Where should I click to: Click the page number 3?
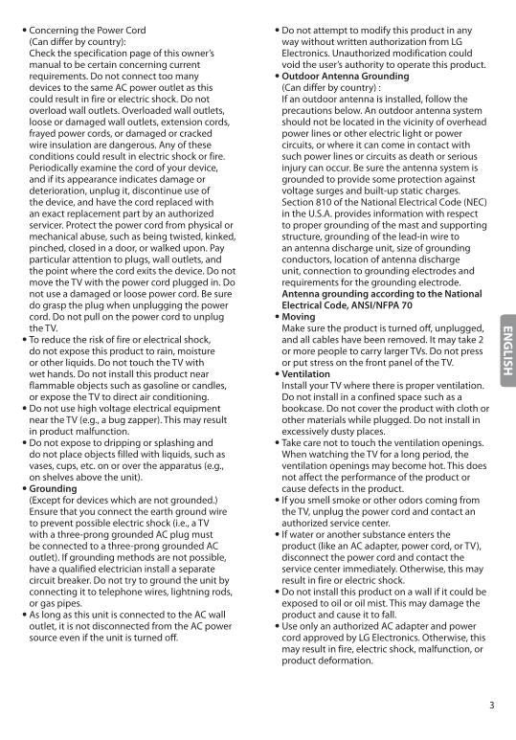pyautogui.click(x=491, y=706)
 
